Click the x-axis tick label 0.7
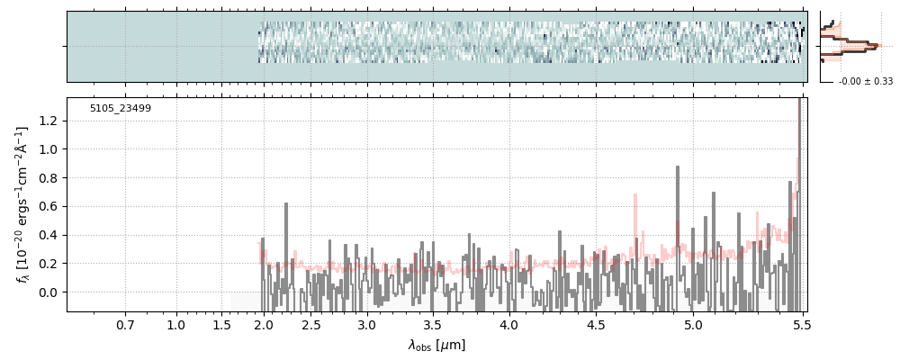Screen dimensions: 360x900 point(125,324)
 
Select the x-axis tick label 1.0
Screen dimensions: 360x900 point(176,324)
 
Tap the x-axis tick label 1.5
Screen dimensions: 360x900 point(222,324)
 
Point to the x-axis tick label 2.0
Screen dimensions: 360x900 point(263,324)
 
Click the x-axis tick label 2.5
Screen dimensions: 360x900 point(311,324)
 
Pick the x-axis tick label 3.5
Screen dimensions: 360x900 point(432,324)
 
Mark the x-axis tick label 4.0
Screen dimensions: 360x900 point(508,324)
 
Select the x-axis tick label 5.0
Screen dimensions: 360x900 point(693,324)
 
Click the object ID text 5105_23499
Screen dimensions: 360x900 point(120,109)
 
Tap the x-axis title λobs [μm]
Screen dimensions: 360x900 point(436,345)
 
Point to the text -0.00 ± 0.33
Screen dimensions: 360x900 point(865,81)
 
